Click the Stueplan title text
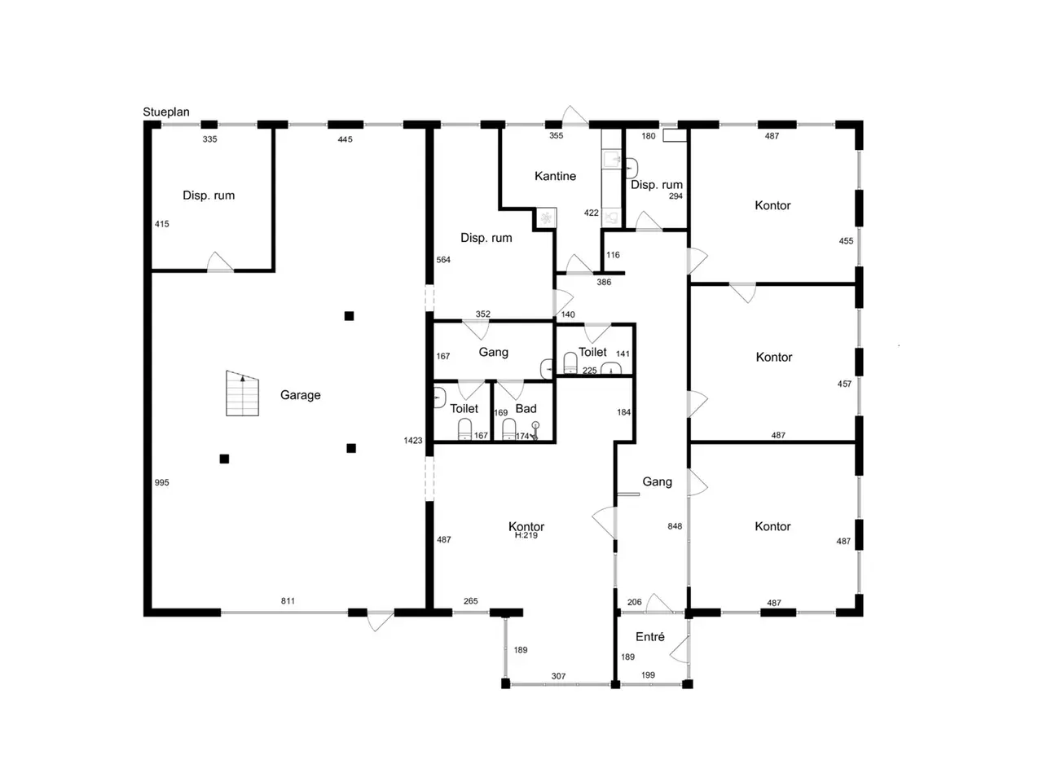coord(166,112)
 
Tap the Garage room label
coord(300,395)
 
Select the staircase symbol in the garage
coord(242,393)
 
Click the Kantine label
coord(555,176)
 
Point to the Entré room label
coord(649,637)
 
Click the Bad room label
coord(526,408)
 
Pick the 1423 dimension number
coord(412,441)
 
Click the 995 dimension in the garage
coord(161,482)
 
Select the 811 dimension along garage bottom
coord(288,601)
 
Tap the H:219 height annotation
coord(526,535)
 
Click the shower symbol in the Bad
coord(535,430)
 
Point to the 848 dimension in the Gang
coord(674,526)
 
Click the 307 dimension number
coord(558,676)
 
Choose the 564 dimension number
coord(442,260)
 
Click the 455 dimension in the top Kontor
coord(846,241)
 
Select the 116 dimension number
coord(613,255)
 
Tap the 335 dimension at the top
coord(209,139)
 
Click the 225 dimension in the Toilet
coord(589,371)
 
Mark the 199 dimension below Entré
coord(648,675)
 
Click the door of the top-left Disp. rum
coord(220,262)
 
